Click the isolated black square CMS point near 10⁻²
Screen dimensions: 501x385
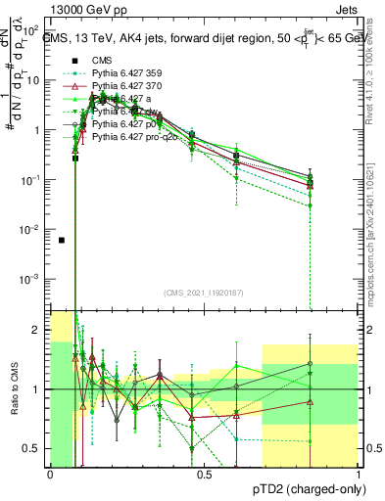(x=62, y=240)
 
